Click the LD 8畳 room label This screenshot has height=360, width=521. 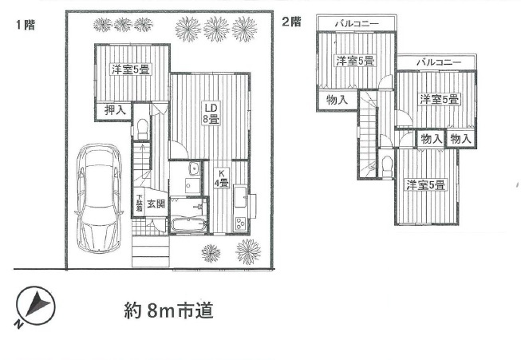click(x=210, y=113)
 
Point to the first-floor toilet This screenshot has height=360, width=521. click(x=141, y=127)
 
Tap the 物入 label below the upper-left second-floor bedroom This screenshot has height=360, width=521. click(x=337, y=100)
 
